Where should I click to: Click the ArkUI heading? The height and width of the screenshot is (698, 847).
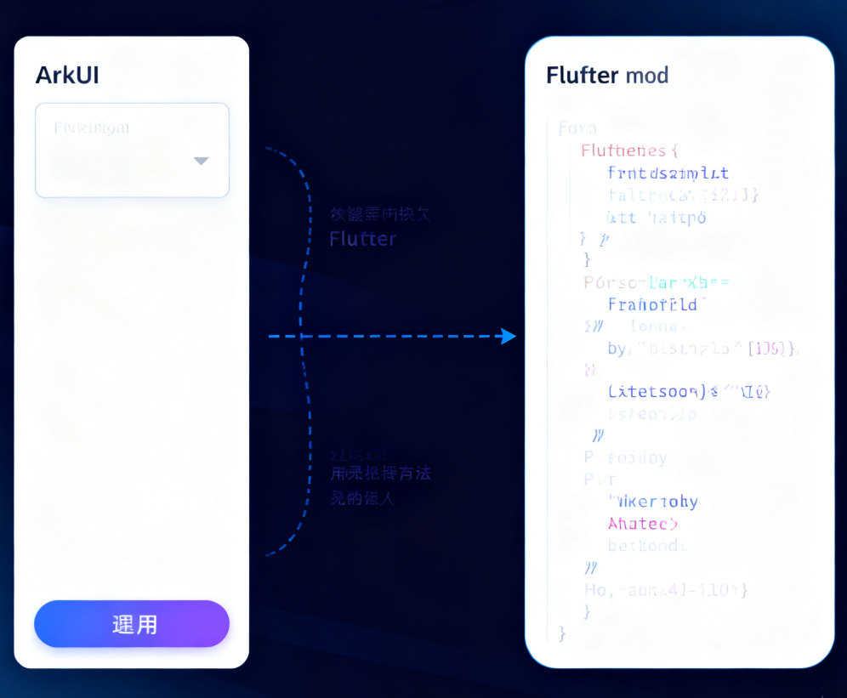coord(67,75)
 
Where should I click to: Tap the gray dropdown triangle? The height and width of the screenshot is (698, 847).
coord(201,161)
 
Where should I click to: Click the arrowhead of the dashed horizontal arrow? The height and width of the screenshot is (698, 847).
coord(509,336)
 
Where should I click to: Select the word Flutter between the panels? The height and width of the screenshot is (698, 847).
coord(363,239)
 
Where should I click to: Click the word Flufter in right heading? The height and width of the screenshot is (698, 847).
coord(582,75)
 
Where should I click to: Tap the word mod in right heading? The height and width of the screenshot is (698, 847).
coord(647,75)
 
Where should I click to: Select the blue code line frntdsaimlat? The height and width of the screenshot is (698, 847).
coord(668,173)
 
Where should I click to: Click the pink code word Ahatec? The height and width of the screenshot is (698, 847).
coord(643,523)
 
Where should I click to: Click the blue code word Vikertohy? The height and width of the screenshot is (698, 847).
coord(653,502)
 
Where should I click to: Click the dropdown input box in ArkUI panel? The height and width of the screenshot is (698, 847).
coord(132,150)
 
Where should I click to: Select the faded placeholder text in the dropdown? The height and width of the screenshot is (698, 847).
coord(92,128)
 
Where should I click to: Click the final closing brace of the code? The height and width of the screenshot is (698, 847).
coord(561,633)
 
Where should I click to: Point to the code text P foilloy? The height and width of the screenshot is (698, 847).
coord(626,457)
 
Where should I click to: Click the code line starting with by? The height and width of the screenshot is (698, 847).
coord(702,349)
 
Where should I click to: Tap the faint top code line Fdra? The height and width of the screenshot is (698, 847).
coord(577,128)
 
